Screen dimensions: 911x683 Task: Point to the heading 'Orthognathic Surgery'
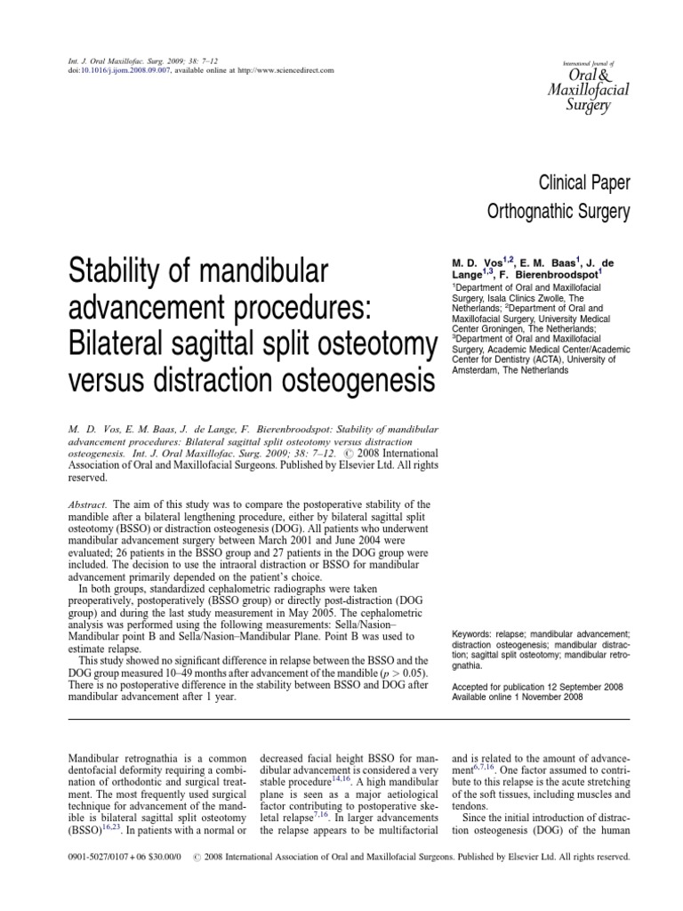click(559, 213)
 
